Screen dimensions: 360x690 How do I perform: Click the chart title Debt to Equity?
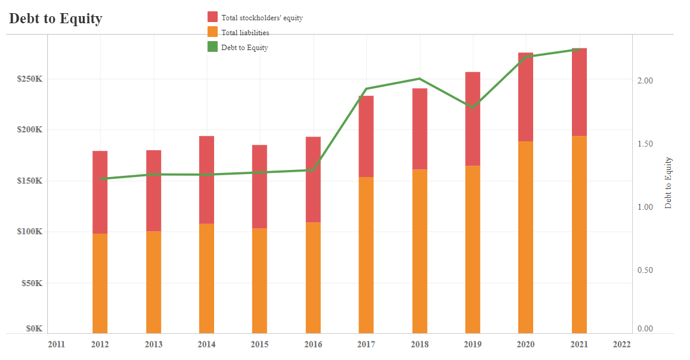[55, 18]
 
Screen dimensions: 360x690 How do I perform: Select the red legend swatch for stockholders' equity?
[212, 17]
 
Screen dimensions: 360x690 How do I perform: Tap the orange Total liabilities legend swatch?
[212, 32]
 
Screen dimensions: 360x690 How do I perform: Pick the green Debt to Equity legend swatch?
[212, 47]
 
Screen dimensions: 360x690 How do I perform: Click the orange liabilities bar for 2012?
[100, 283]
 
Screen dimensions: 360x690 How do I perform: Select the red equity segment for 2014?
[206, 179]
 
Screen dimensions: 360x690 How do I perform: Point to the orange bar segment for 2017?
[366, 255]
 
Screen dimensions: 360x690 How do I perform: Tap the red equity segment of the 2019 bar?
[472, 119]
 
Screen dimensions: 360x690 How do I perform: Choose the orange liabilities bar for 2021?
[579, 234]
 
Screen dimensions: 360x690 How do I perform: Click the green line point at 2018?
[420, 79]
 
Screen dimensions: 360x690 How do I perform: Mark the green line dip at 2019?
[472, 107]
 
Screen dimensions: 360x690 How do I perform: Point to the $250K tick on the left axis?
[30, 79]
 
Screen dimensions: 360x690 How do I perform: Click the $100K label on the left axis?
[30, 232]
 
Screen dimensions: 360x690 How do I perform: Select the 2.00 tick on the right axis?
[645, 80]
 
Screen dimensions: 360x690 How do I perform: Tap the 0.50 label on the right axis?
[645, 270]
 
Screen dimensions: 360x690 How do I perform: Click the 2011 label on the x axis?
[56, 344]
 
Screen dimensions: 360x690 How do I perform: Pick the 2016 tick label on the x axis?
[313, 344]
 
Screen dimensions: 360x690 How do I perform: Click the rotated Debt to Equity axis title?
[668, 182]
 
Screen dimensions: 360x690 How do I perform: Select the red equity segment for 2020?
[525, 97]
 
